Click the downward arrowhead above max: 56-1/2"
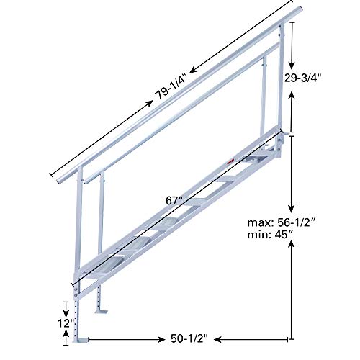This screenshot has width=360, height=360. coord(292,206)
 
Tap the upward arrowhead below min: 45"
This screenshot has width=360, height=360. coord(292,246)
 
